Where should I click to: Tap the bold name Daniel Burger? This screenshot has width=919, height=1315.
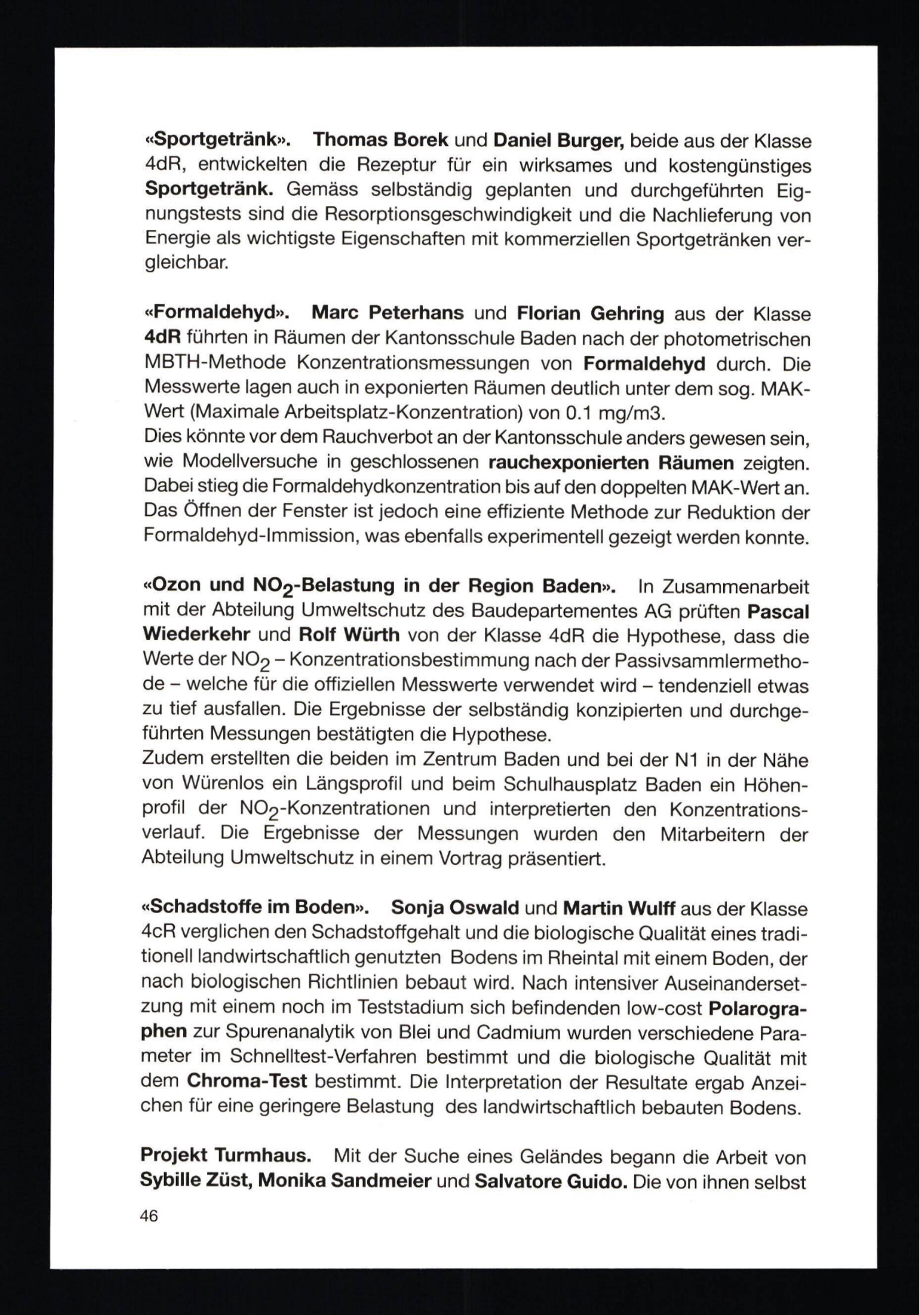558,140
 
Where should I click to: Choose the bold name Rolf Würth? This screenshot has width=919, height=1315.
349,636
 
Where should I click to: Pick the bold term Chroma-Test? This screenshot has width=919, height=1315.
247,1082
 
